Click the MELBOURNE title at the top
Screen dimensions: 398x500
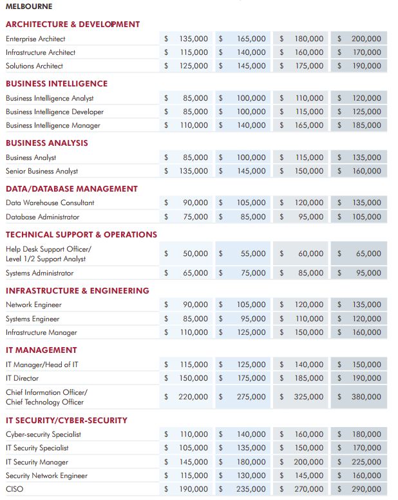point(29,6)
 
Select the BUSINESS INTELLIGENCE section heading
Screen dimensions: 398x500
point(57,83)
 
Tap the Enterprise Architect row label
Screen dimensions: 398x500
point(35,39)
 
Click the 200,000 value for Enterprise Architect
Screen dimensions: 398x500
point(366,39)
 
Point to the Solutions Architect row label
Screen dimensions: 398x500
point(34,66)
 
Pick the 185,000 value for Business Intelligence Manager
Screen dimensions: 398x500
point(366,125)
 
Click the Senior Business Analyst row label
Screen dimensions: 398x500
point(42,171)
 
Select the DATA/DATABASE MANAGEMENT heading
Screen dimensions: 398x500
point(71,189)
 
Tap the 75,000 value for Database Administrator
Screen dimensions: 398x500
point(196,217)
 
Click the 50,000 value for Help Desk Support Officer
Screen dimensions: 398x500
point(196,254)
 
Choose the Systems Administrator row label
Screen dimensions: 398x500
point(39,274)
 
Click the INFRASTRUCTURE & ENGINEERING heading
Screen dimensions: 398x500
point(77,291)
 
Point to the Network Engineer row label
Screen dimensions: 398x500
point(33,305)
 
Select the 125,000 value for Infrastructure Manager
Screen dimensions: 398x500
point(252,332)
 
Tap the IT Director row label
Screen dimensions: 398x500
point(23,378)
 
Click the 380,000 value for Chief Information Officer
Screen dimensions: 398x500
point(366,397)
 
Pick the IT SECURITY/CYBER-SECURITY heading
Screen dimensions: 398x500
point(66,420)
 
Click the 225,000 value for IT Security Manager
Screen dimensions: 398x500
point(366,462)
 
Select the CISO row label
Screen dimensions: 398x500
point(14,489)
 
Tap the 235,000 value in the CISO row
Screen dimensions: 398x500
point(251,489)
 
